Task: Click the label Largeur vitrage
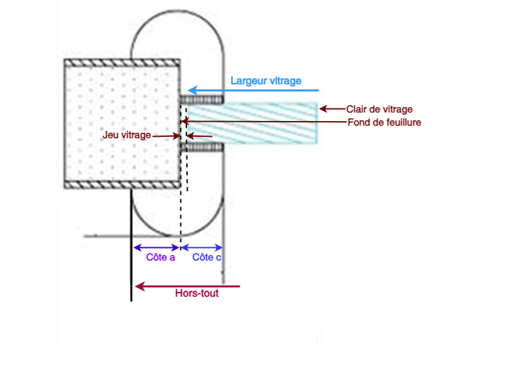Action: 265,81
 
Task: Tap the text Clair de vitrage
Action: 379,109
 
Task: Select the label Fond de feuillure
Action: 384,122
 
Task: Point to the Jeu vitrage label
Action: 127,135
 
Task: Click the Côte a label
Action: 161,257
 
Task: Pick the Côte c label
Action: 207,257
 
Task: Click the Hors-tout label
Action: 197,293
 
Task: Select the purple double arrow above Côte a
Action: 157,248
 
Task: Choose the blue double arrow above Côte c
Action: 202,248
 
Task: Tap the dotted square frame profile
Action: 121,122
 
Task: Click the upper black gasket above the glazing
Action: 202,99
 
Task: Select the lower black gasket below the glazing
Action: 202,147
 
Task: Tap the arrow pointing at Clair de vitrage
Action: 333,109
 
